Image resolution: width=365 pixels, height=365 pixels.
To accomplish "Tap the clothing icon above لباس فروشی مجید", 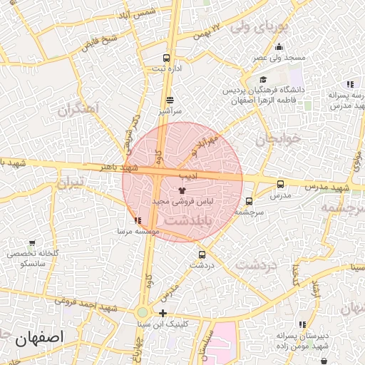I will coord(182,190).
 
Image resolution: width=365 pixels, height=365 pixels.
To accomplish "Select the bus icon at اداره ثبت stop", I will coord(166,58).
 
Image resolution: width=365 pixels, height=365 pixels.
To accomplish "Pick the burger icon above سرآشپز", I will coord(170,101).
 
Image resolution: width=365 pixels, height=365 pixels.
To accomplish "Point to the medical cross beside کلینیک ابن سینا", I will coord(163,313).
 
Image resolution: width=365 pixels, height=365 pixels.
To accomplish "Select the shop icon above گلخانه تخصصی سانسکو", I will coord(31,242).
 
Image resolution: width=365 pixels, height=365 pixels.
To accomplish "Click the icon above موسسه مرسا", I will coord(137,221).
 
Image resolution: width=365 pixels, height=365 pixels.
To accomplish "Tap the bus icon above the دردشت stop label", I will coord(202,253).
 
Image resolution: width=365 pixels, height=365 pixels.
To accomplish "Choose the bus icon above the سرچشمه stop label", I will coord(249,201).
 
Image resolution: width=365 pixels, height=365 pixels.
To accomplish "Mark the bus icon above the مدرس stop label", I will coord(279,183).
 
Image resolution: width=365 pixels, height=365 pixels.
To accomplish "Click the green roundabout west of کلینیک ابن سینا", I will coord(143,312).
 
